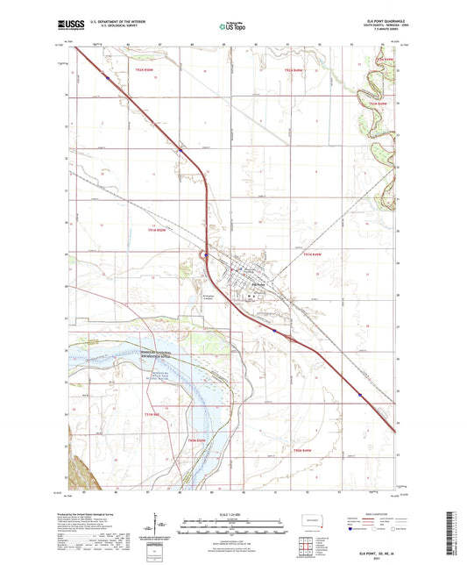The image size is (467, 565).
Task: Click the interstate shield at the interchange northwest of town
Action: (x=204, y=256)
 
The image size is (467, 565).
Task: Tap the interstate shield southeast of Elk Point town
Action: (x=275, y=332)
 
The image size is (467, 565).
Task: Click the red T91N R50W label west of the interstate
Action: (x=156, y=229)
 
